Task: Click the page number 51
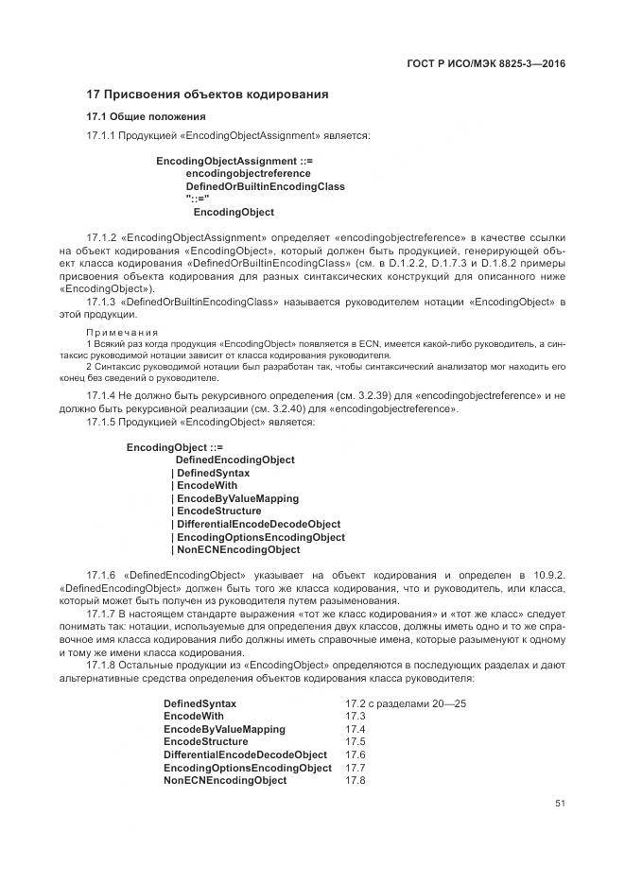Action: pos(560,804)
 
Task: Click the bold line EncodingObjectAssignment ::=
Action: pos(234,162)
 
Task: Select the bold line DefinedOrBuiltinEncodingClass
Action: pos(265,187)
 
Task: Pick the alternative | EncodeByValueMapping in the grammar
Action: pos(234,498)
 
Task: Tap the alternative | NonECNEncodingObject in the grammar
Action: pos(235,549)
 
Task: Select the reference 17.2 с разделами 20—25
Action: pos(406,704)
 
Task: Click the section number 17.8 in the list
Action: pos(355,781)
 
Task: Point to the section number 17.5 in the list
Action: pos(355,742)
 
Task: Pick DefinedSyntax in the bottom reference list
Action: pos(200,704)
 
